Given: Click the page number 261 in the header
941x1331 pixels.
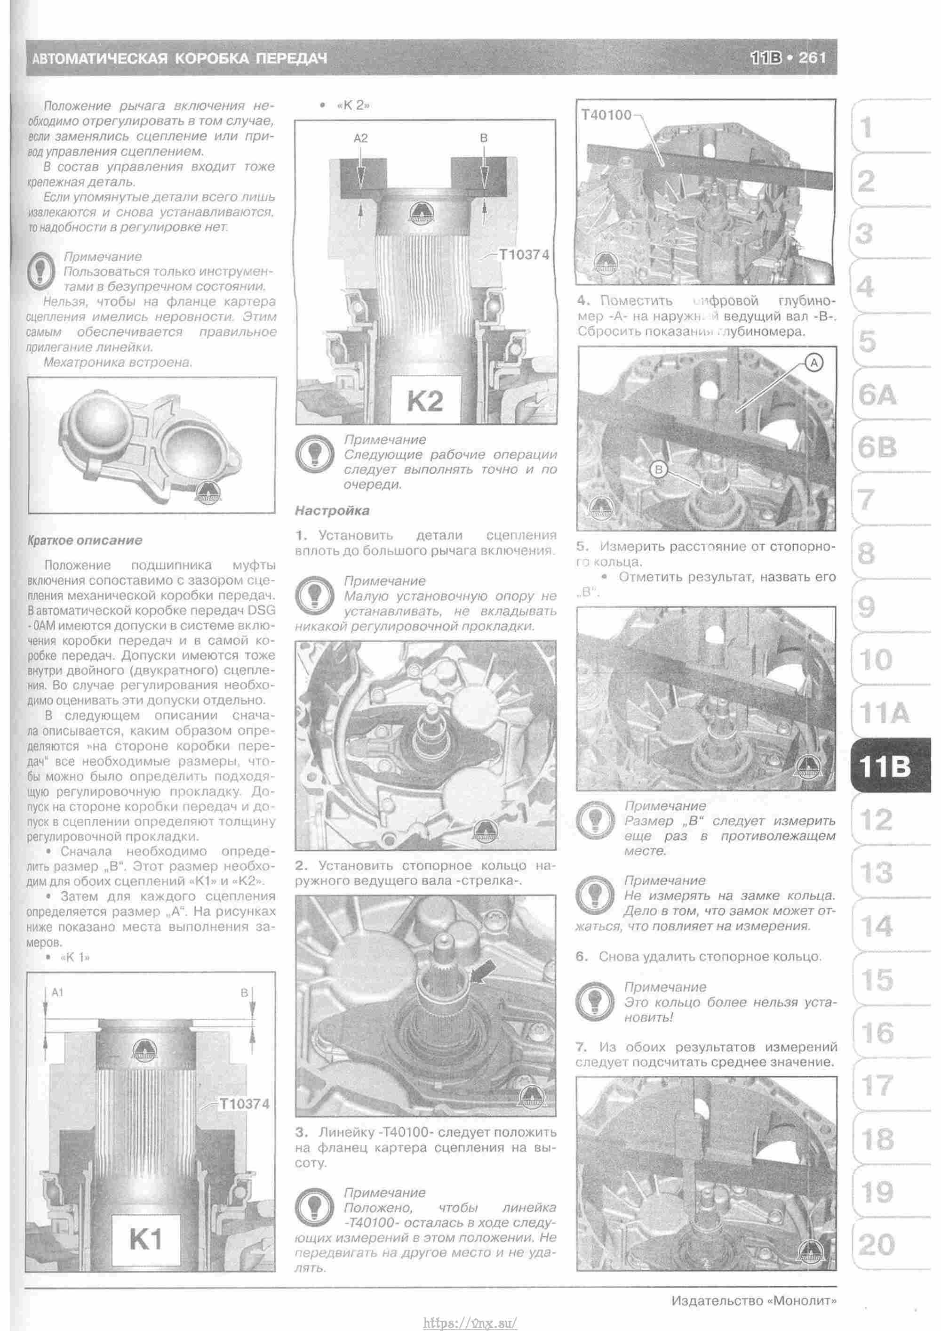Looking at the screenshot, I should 813,58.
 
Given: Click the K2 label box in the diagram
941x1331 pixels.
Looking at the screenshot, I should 425,401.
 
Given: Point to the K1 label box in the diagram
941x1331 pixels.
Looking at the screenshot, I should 146,1239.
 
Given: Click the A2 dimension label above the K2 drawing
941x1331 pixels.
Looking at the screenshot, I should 360,138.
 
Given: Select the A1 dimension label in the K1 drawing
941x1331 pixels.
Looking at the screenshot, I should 57,992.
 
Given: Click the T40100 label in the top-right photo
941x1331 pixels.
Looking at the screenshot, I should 606,115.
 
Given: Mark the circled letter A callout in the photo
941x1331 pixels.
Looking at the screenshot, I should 814,363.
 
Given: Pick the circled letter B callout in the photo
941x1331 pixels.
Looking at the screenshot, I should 659,469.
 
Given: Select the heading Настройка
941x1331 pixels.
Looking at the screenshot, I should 332,511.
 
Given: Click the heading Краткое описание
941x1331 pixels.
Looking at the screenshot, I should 85,540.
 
